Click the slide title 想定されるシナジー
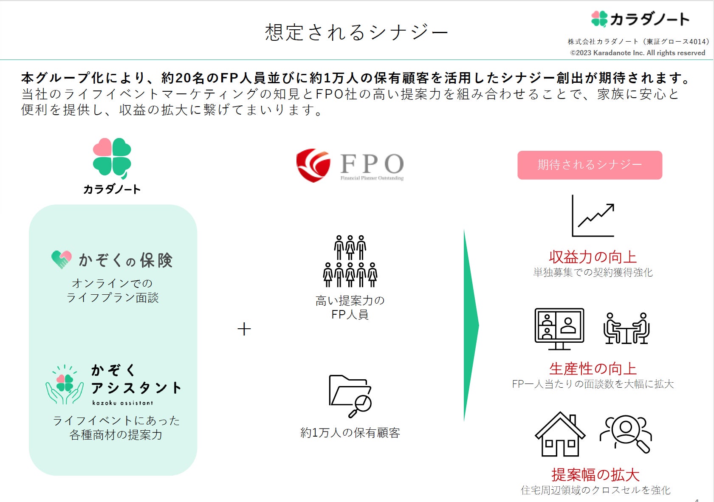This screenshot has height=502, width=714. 356,32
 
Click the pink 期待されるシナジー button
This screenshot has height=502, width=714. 590,165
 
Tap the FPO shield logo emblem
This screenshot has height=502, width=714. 313,165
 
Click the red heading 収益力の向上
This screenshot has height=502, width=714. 593,257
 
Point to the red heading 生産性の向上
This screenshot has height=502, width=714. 593,369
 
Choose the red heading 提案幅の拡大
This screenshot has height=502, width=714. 595,474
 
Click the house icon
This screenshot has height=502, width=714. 560,434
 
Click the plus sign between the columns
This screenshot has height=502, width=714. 244,329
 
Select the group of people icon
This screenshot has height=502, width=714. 350,261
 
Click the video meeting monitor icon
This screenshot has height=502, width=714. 559,328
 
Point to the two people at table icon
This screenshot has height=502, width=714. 627,328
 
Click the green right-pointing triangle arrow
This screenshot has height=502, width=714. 471,325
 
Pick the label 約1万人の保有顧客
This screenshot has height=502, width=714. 350,433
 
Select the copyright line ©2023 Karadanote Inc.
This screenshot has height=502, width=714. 637,53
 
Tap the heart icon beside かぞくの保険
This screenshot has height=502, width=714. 62,259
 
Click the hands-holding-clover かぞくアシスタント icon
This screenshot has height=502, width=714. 65,384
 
